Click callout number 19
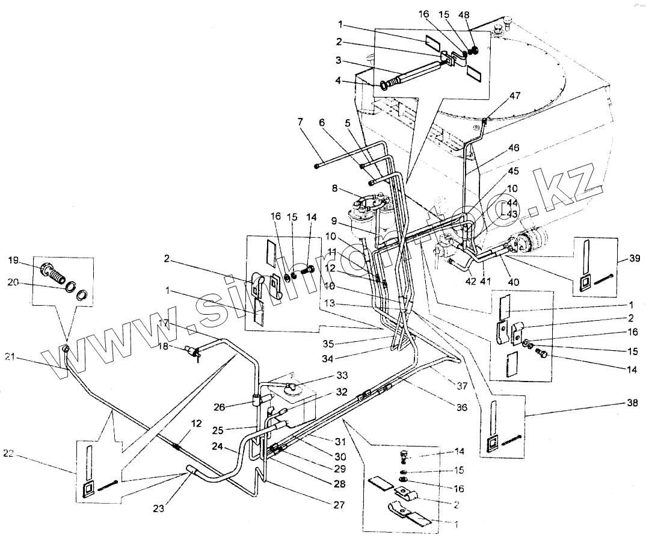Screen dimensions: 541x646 13,260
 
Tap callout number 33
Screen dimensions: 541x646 342,376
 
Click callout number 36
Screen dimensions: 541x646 461,407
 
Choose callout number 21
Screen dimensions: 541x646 9,357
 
